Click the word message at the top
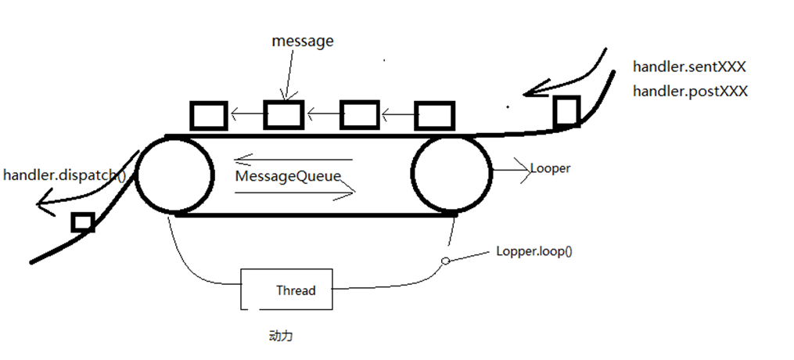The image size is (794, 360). point(303,41)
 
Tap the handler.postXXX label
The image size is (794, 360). point(690,91)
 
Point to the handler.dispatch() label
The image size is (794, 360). point(64,175)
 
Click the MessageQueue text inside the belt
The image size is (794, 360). point(289,176)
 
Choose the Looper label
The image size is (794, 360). point(550,168)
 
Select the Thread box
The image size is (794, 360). point(287,290)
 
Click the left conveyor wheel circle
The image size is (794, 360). point(175,175)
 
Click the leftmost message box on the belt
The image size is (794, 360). point(208,116)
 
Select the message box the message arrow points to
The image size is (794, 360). point(283,115)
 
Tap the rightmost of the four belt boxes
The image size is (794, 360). point(433,115)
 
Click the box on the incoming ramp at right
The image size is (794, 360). point(566,111)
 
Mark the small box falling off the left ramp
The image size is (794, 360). point(82,222)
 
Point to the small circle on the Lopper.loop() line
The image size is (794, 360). point(445,261)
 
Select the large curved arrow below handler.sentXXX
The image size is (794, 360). point(563,78)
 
